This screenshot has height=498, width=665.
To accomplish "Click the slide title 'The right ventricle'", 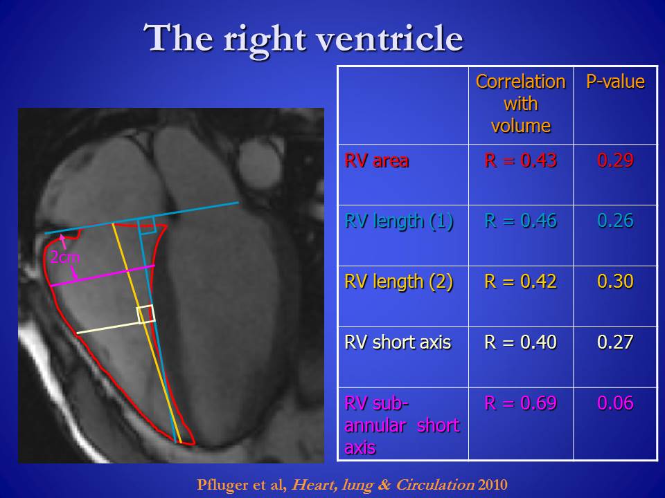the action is [303, 39].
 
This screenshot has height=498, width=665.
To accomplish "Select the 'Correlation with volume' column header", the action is [521, 104].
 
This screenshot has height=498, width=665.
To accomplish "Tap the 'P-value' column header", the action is [615, 82].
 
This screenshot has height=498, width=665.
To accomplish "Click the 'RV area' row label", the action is [377, 161].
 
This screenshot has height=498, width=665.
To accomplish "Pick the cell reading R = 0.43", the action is [520, 160].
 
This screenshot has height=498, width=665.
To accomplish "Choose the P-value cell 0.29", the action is [615, 160].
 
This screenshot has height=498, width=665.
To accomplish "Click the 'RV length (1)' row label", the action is [399, 221].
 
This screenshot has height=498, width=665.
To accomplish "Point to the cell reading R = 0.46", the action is [520, 221].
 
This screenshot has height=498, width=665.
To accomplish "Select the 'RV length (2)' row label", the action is [399, 282].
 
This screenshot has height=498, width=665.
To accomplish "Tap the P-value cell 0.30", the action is [615, 282].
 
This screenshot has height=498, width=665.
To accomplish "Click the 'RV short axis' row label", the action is [398, 342].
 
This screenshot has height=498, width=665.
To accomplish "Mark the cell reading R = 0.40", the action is [520, 342].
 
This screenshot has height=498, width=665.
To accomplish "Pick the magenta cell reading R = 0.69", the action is [520, 403].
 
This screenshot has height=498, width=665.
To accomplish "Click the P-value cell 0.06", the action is [615, 403].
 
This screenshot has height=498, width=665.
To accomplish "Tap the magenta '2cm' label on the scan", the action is [65, 257].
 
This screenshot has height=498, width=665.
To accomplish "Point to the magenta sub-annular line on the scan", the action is [103, 276].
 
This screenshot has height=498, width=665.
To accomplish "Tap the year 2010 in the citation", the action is [493, 484].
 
